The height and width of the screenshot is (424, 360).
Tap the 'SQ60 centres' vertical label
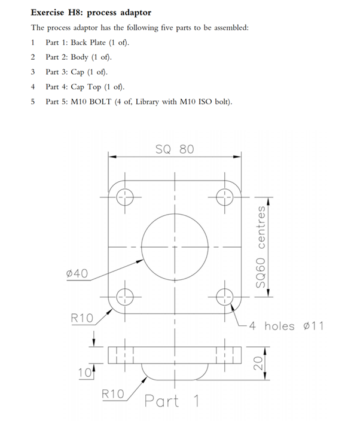pyautogui.click(x=261, y=246)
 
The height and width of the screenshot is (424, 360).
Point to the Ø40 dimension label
pyautogui.click(x=77, y=273)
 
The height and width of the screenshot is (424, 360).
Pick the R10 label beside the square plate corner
pyautogui.click(x=83, y=318)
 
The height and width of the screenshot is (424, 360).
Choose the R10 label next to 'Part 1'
pyautogui.click(x=112, y=394)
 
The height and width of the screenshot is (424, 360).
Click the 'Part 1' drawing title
pyautogui.click(x=172, y=401)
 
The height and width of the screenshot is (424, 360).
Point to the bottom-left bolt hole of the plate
pyautogui.click(x=124, y=296)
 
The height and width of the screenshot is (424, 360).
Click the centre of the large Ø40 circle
pyautogui.click(x=175, y=246)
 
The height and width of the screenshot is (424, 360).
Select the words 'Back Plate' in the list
pyautogui.click(x=87, y=42)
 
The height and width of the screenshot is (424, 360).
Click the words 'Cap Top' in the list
pyautogui.click(x=84, y=87)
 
